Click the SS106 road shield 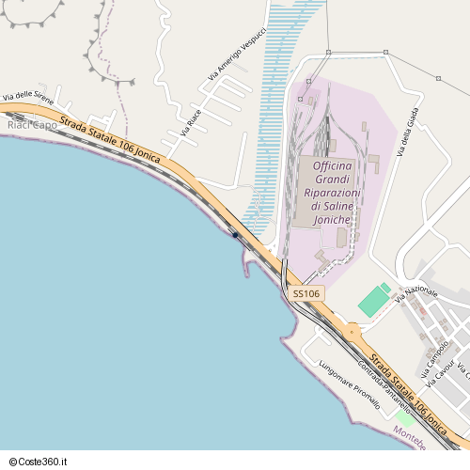pos(306,294)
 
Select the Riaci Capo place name pos(32,124)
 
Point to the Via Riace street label pos(191,121)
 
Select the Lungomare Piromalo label pos(349,384)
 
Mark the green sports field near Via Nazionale pos(374,302)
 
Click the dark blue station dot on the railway pos(234,234)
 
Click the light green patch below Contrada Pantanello pos(405,417)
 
